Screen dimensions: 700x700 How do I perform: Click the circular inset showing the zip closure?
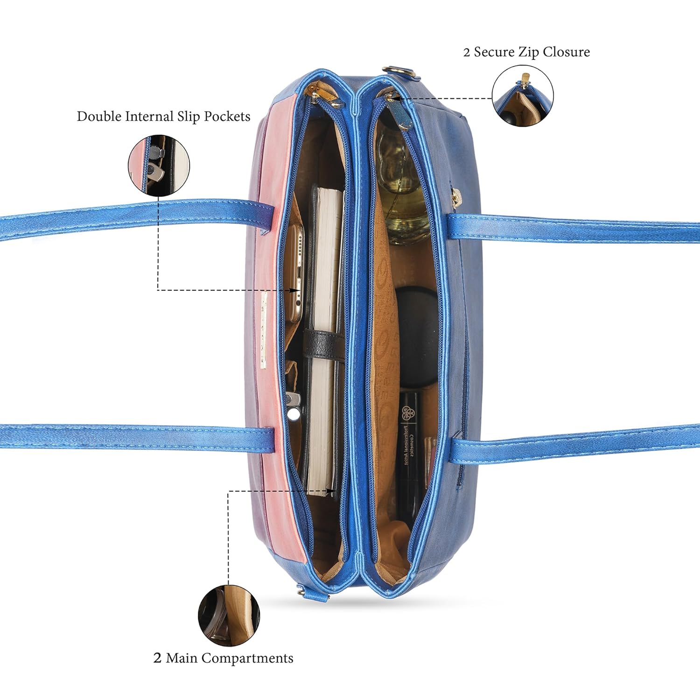tap(523, 96)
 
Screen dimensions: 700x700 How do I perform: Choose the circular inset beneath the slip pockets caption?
tap(159, 165)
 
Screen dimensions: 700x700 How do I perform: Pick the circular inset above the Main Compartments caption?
tap(229, 616)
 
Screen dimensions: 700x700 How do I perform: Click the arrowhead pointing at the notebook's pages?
tap(332, 491)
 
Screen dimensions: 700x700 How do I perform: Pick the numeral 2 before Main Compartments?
tap(157, 658)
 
